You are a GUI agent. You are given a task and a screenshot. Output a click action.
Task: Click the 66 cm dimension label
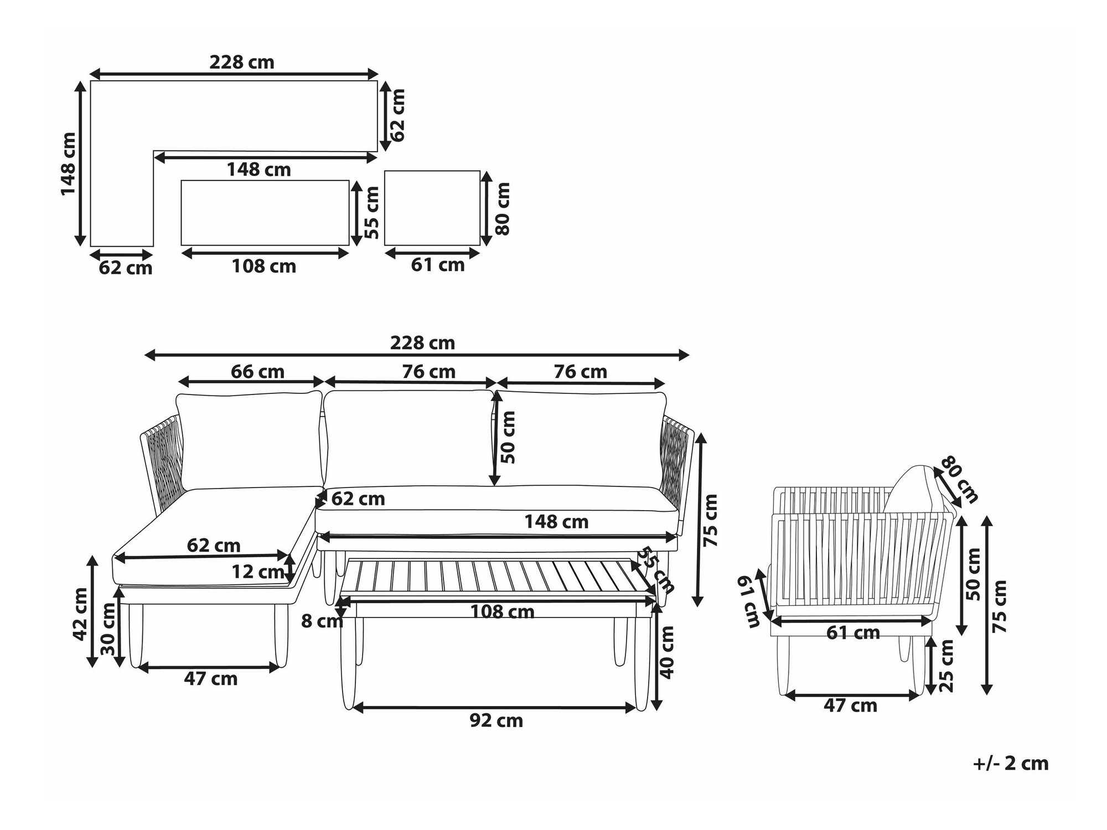pyautogui.click(x=257, y=372)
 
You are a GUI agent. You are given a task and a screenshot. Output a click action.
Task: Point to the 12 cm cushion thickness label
pyautogui.click(x=257, y=572)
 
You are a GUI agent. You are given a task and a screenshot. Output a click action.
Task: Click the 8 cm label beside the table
pyautogui.click(x=322, y=621)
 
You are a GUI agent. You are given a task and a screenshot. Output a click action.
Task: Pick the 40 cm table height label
pyautogui.click(x=668, y=652)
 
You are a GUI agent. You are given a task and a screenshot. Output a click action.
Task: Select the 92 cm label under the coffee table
pyautogui.click(x=496, y=720)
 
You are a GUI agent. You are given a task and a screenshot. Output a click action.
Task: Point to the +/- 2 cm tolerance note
pyautogui.click(x=1011, y=764)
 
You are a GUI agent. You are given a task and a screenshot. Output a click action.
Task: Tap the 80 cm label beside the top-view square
pyautogui.click(x=502, y=209)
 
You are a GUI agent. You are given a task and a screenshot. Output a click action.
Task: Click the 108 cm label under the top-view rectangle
pyautogui.click(x=263, y=267)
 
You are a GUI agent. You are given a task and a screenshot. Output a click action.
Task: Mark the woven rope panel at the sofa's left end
pyautogui.click(x=164, y=459)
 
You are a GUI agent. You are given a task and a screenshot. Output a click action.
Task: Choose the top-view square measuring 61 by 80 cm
pyautogui.click(x=432, y=208)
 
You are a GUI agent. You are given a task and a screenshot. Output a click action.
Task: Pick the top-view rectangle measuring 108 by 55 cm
pyautogui.click(x=265, y=212)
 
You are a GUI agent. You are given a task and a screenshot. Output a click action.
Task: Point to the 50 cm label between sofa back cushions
pyautogui.click(x=508, y=437)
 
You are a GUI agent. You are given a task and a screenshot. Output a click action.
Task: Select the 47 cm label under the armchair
pyautogui.click(x=850, y=705)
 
